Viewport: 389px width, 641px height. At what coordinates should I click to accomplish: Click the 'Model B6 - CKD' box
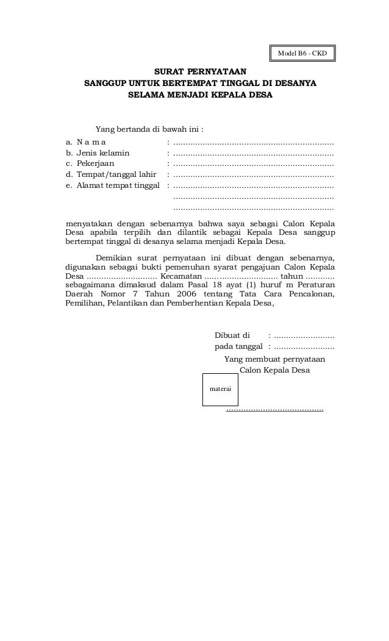pyautogui.click(x=302, y=54)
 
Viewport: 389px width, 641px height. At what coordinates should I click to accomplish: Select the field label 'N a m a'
pyautogui.click(x=87, y=141)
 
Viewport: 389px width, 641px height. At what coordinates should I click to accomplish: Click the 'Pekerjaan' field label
pyautogui.click(x=95, y=163)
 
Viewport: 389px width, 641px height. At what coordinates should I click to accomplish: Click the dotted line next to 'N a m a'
pyautogui.click(x=254, y=142)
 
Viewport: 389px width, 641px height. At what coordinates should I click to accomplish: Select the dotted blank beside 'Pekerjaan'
pyautogui.click(x=254, y=164)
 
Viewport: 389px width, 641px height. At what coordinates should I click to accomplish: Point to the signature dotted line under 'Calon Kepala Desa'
pyautogui.click(x=274, y=410)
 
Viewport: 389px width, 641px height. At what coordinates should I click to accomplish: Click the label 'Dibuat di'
pyautogui.click(x=232, y=335)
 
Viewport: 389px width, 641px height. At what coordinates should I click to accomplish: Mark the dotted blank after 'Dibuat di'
pyautogui.click(x=304, y=336)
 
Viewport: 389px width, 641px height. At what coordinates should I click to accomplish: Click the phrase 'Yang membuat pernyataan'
pyautogui.click(x=274, y=359)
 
